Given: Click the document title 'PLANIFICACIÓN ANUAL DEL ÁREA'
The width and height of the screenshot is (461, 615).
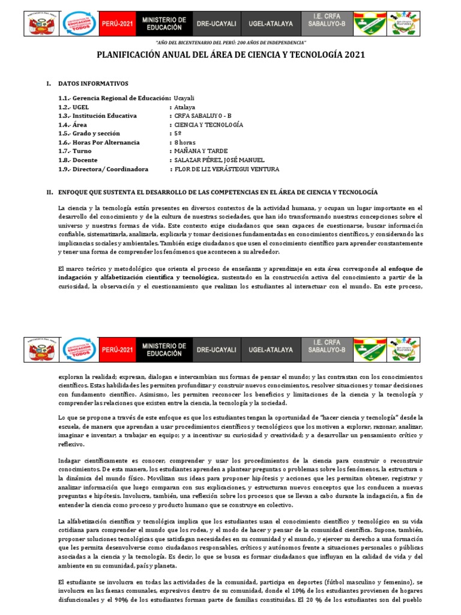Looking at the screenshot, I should (230, 55).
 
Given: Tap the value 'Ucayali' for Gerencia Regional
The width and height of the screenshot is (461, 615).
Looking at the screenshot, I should (184, 98).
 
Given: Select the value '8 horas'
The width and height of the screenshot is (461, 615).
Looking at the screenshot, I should (185, 142).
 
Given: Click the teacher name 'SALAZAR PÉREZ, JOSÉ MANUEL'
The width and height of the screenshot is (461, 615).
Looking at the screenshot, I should (218, 160).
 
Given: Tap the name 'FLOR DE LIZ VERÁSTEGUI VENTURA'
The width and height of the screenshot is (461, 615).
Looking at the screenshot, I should (226, 169).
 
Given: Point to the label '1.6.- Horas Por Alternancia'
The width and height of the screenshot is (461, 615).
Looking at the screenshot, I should (99, 142).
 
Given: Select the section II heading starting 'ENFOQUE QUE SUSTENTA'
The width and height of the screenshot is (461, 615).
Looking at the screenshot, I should (217, 192).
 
